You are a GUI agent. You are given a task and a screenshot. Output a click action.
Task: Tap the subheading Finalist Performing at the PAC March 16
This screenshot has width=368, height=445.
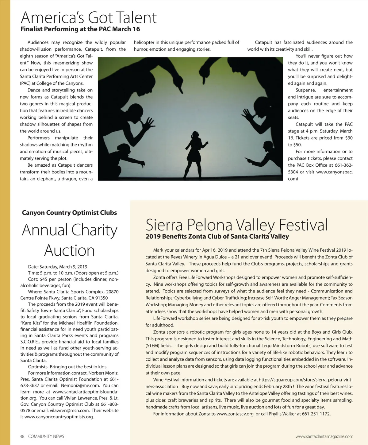pos(80,29)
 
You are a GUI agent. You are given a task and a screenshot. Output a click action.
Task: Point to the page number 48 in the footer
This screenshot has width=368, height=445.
pos(22,436)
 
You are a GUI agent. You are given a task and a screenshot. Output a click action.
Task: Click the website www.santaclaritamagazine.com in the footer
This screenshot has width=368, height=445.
pos(324,436)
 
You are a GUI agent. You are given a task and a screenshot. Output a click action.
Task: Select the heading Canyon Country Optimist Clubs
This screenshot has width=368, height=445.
pos(69,213)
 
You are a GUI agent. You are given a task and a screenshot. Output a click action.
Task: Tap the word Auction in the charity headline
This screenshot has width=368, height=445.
pos(69,250)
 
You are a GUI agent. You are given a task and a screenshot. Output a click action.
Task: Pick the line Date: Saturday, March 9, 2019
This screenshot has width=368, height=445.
pos(58,267)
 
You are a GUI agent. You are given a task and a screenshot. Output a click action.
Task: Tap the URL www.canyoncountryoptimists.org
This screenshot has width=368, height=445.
pos(59,417)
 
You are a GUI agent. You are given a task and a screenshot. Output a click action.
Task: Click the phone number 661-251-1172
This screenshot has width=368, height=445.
pos(316,414)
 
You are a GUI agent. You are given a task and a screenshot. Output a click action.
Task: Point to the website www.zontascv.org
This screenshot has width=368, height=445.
pos(235,414)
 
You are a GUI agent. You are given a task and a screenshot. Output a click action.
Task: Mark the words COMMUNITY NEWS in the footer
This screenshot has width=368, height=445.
pos(46,436)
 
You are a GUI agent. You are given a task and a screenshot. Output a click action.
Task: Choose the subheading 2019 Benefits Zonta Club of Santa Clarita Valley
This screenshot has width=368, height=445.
pos(217,237)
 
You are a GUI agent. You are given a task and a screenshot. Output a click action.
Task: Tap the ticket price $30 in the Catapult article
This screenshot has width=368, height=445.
pos(348,138)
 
